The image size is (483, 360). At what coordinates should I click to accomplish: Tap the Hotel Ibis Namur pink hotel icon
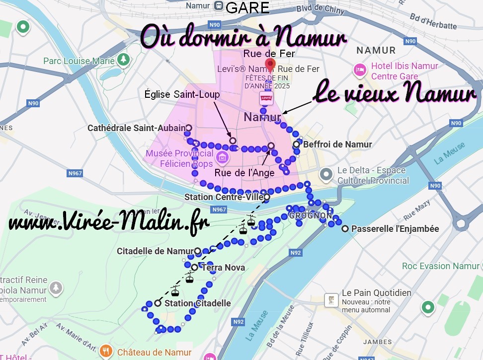359,70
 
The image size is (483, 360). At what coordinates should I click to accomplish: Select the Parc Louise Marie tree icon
123,60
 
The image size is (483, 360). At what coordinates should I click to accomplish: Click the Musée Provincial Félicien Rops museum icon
222,158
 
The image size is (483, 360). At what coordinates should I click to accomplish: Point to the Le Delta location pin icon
326,174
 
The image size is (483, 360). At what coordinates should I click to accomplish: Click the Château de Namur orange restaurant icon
106,352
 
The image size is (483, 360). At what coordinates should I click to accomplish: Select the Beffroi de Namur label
337,144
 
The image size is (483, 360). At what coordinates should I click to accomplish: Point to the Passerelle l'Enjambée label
395,229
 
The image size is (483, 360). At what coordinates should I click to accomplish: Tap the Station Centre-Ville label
223,197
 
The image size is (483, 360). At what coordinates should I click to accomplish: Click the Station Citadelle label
197,303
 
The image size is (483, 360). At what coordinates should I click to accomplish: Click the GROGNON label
311,216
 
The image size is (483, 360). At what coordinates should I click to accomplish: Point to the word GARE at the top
247,7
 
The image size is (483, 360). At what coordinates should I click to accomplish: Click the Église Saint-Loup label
182,94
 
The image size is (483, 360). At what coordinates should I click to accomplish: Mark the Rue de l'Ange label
244,173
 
